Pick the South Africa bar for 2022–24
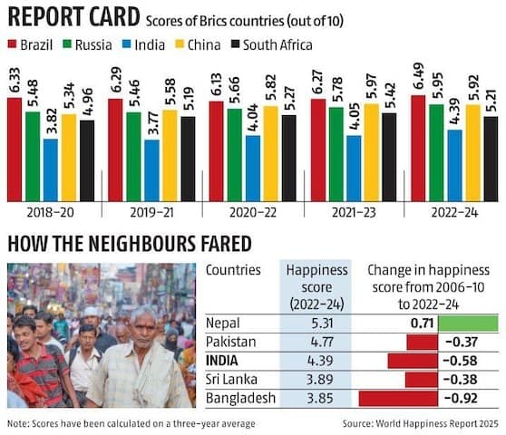pos(491,158)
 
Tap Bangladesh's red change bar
pos(395,397)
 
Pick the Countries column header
pos(233,270)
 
